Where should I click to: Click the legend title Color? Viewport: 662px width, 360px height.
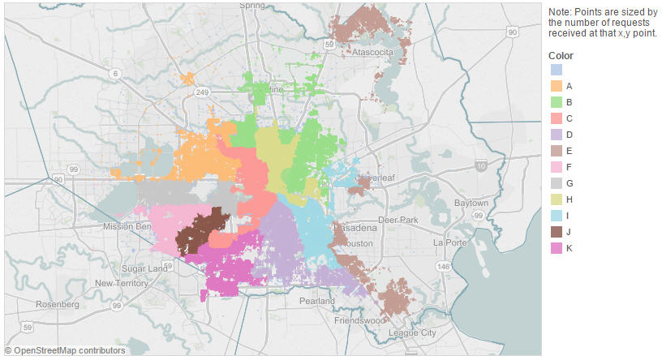pos(561,55)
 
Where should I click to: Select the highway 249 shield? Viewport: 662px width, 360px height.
pos(201,93)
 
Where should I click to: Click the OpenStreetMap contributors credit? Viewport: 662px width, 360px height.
pos(65,351)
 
